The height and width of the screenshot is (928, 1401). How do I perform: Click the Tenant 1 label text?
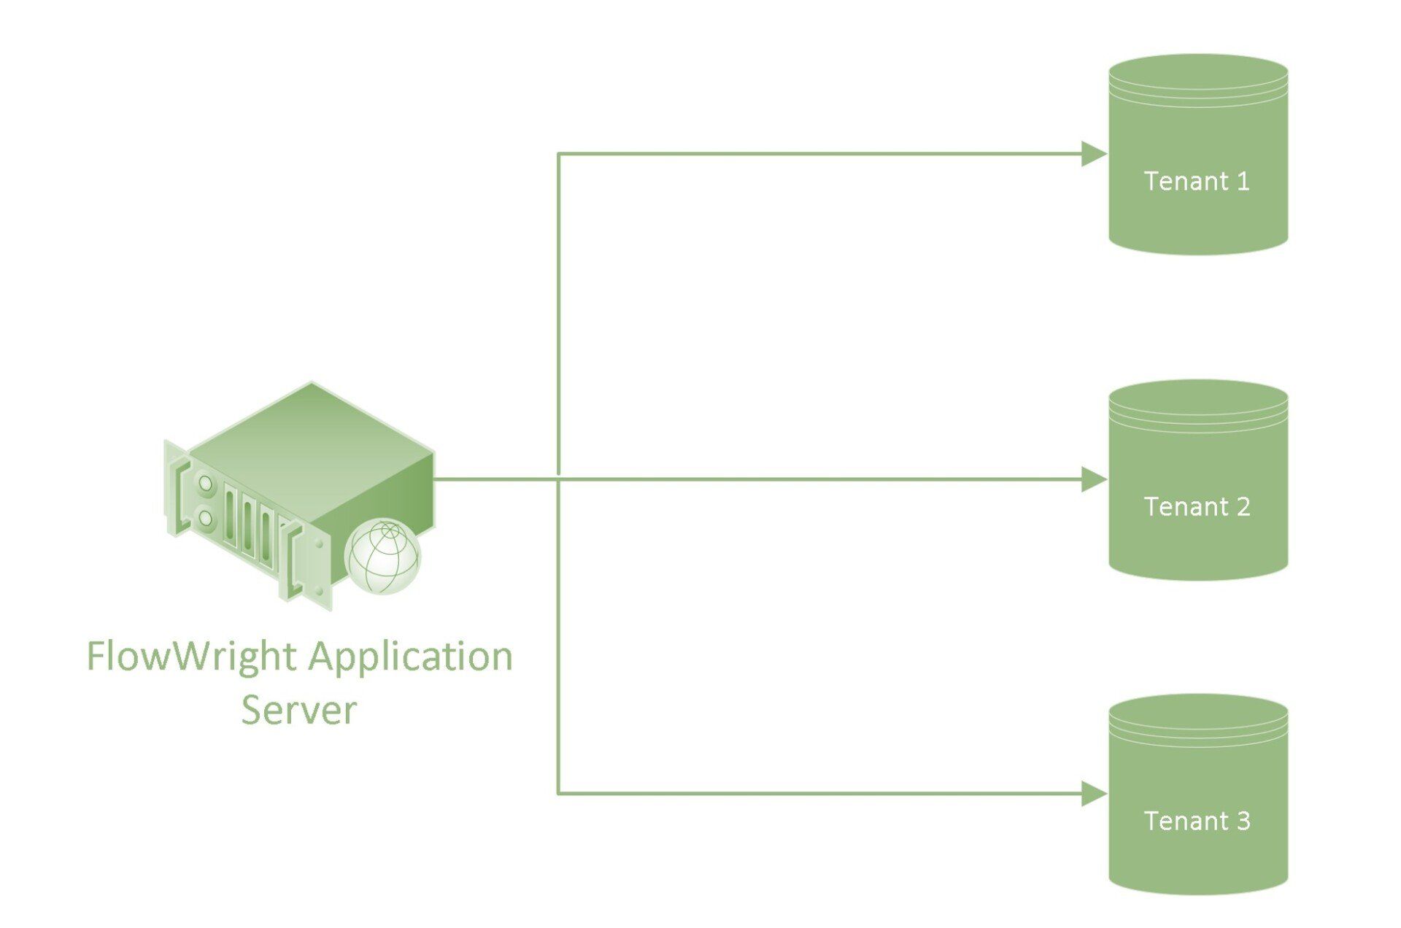click(x=1197, y=181)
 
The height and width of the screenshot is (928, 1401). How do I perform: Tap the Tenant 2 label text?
click(x=1197, y=506)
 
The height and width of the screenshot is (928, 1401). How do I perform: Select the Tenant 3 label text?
click(x=1197, y=821)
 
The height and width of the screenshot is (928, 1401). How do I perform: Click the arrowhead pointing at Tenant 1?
click(x=1094, y=154)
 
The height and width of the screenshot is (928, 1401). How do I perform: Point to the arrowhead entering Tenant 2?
click(x=1094, y=479)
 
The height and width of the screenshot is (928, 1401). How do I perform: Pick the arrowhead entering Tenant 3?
click(x=1094, y=793)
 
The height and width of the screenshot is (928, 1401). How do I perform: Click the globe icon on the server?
click(x=383, y=556)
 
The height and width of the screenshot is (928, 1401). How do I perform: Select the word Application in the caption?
click(x=410, y=656)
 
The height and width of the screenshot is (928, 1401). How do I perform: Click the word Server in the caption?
click(x=298, y=709)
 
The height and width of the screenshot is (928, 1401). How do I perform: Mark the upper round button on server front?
click(x=205, y=484)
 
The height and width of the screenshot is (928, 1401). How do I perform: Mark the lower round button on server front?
click(x=205, y=519)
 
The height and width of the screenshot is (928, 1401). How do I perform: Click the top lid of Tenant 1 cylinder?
click(x=1198, y=73)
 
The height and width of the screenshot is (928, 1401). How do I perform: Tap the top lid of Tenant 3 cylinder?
click(x=1198, y=713)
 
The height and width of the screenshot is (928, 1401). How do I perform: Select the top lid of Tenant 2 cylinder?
click(x=1198, y=398)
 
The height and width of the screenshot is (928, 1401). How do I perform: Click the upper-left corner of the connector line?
click(x=559, y=154)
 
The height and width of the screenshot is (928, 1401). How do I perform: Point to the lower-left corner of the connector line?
click(x=559, y=793)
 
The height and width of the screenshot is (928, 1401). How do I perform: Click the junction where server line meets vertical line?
click(x=559, y=479)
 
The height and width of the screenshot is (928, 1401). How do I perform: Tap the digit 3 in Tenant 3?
click(x=1243, y=821)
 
